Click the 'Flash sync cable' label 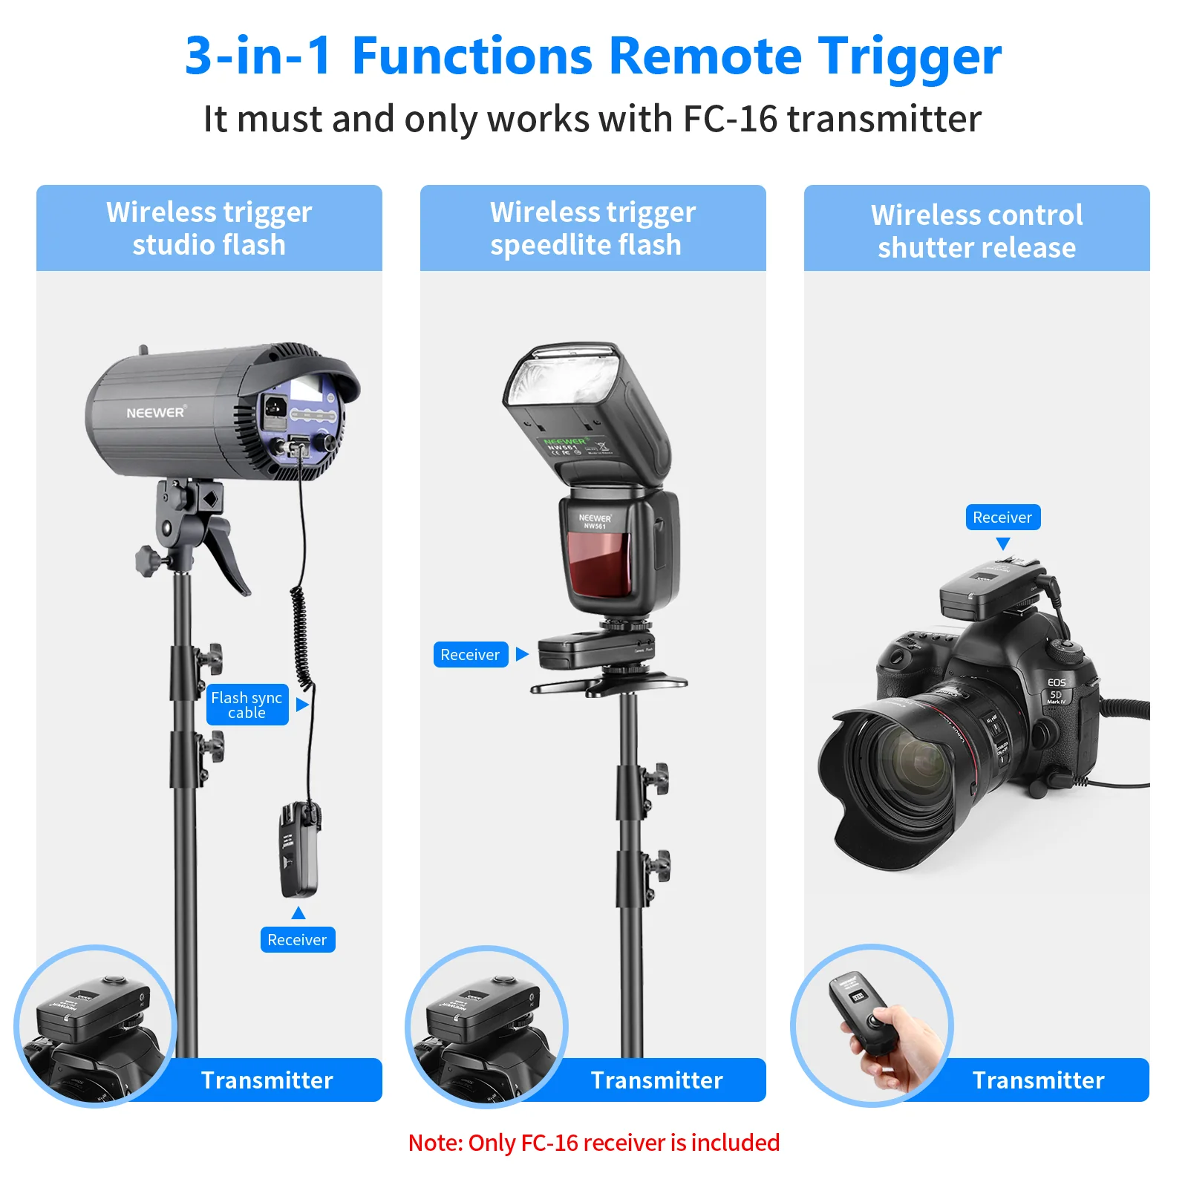(247, 705)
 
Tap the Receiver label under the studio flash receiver (297, 939)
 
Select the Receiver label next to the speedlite (470, 654)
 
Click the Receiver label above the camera (1002, 517)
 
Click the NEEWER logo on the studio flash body (155, 412)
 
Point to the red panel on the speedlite (598, 564)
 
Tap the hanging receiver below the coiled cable (298, 850)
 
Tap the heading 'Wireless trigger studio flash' (209, 228)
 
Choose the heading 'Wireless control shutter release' (976, 230)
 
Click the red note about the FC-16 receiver (594, 1142)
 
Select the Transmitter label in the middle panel (656, 1080)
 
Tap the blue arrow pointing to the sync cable (302, 705)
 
